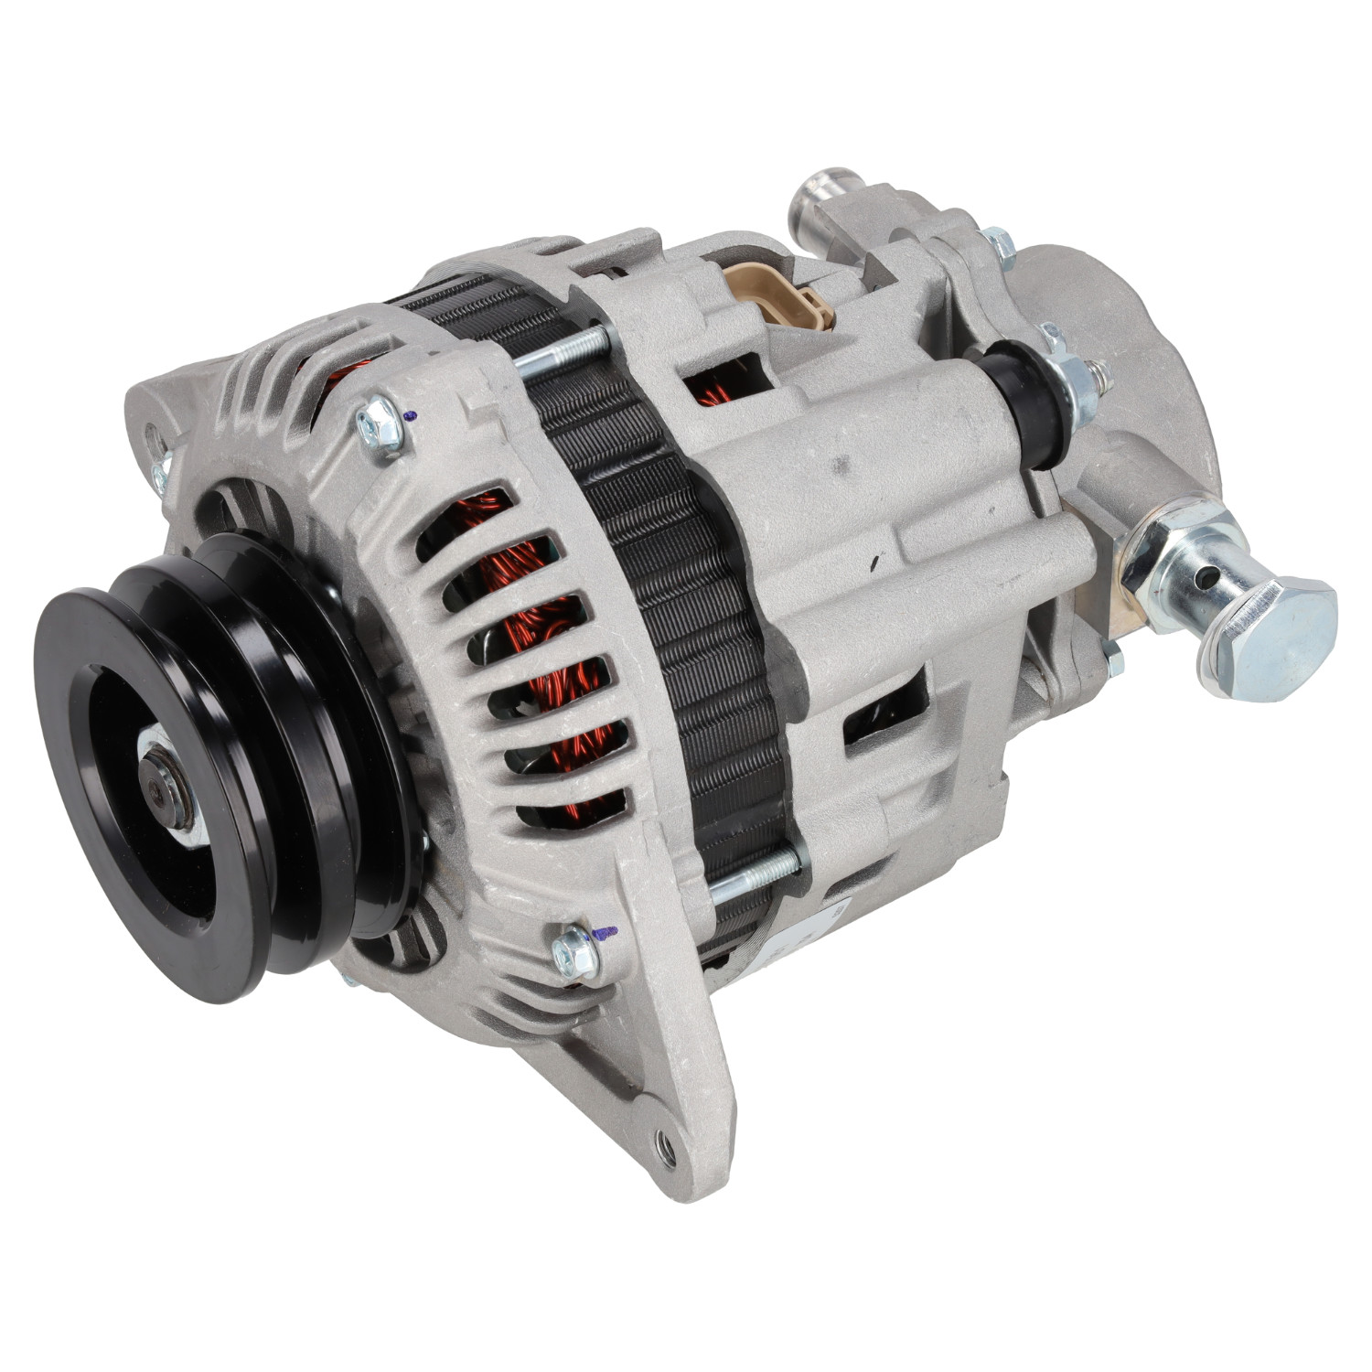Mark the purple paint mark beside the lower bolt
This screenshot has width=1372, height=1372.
604,934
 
